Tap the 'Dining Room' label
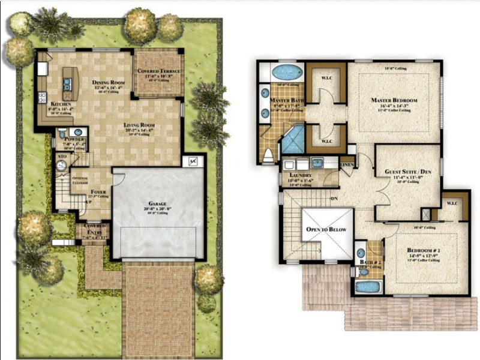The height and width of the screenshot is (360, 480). pos(107,82)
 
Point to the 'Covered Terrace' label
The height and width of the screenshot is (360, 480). pos(158,71)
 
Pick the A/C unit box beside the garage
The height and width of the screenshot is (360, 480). pos(193,161)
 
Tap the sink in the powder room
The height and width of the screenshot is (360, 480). pos(78,133)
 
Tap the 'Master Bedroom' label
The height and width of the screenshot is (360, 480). pos(394,100)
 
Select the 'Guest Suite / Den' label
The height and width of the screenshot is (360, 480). pos(408,172)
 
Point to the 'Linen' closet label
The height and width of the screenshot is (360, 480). pos(347,164)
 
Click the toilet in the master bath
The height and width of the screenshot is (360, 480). pos(268,156)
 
